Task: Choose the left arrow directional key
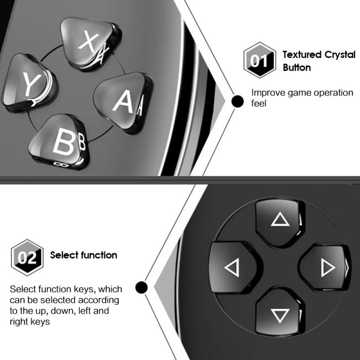point(232,267)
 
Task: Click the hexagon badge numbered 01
point(256,61)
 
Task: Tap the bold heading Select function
point(84,255)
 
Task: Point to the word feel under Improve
point(259,104)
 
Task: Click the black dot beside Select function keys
point(141,287)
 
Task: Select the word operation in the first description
point(332,93)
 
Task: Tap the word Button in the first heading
point(297,68)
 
